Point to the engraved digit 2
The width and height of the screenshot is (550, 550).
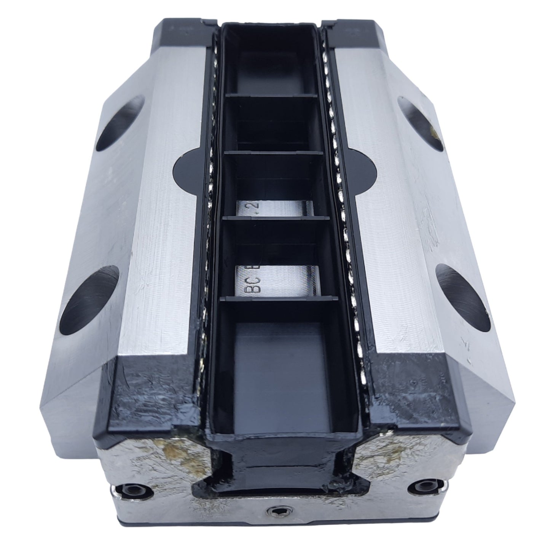(252, 207)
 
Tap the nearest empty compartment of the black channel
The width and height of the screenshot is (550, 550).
(282, 365)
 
